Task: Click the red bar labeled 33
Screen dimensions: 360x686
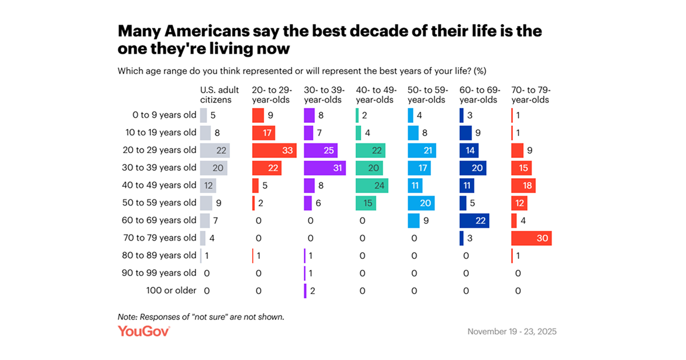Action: click(274, 150)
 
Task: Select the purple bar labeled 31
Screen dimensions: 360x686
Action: click(325, 168)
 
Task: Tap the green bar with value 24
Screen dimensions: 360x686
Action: click(372, 185)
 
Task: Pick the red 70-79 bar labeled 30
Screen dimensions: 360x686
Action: click(531, 238)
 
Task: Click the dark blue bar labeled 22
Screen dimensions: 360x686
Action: click(474, 220)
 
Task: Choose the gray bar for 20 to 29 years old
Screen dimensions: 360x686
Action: click(215, 150)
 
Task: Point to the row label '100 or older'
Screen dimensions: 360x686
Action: click(171, 290)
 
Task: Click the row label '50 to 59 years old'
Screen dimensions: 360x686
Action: click(161, 203)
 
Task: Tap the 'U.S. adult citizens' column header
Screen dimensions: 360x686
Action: click(216, 95)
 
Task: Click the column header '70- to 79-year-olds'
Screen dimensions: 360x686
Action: click(531, 95)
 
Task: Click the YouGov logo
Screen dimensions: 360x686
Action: click(143, 331)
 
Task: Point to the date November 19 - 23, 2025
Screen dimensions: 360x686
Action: click(512, 331)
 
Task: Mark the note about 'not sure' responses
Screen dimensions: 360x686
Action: click(201, 316)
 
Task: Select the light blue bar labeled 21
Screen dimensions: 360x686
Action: click(422, 150)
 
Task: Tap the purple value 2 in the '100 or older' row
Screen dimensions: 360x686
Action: click(313, 290)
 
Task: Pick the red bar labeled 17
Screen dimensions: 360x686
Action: click(264, 133)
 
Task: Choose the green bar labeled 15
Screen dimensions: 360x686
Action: click(366, 203)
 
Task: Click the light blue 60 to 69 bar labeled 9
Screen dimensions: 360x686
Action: click(413, 220)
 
